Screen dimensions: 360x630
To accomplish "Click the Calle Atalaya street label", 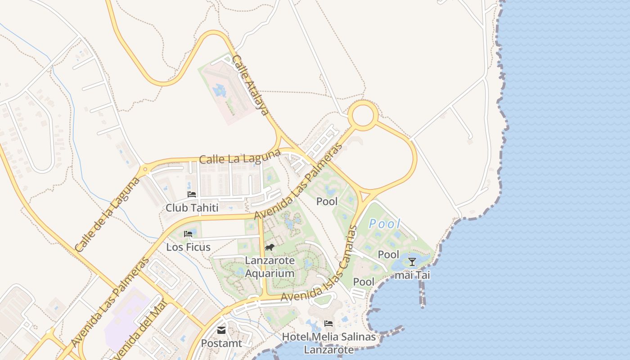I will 251,85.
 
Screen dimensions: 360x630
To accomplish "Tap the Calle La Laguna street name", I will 240,158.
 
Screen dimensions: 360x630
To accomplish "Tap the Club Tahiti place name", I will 192,208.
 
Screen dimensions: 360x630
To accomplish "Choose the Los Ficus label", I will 188,247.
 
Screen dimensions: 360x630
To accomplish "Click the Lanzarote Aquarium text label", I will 270,267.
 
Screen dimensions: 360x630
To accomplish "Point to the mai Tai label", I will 412,275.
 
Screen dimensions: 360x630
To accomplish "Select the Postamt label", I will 221,343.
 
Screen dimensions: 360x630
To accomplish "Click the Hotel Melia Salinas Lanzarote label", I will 328,343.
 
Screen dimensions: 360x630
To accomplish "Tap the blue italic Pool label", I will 384,224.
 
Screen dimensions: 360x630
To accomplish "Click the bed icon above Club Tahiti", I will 192,195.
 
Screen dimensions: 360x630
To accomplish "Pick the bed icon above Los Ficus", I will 188,234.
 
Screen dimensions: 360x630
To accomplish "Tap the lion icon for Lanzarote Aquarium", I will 270,247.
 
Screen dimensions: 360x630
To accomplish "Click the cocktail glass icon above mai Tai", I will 412,261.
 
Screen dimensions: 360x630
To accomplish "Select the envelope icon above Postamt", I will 221,330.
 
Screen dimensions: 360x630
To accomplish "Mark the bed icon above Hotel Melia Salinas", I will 328,324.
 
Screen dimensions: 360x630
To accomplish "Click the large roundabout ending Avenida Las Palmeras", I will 363,116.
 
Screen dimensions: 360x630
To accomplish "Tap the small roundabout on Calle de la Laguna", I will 144,171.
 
